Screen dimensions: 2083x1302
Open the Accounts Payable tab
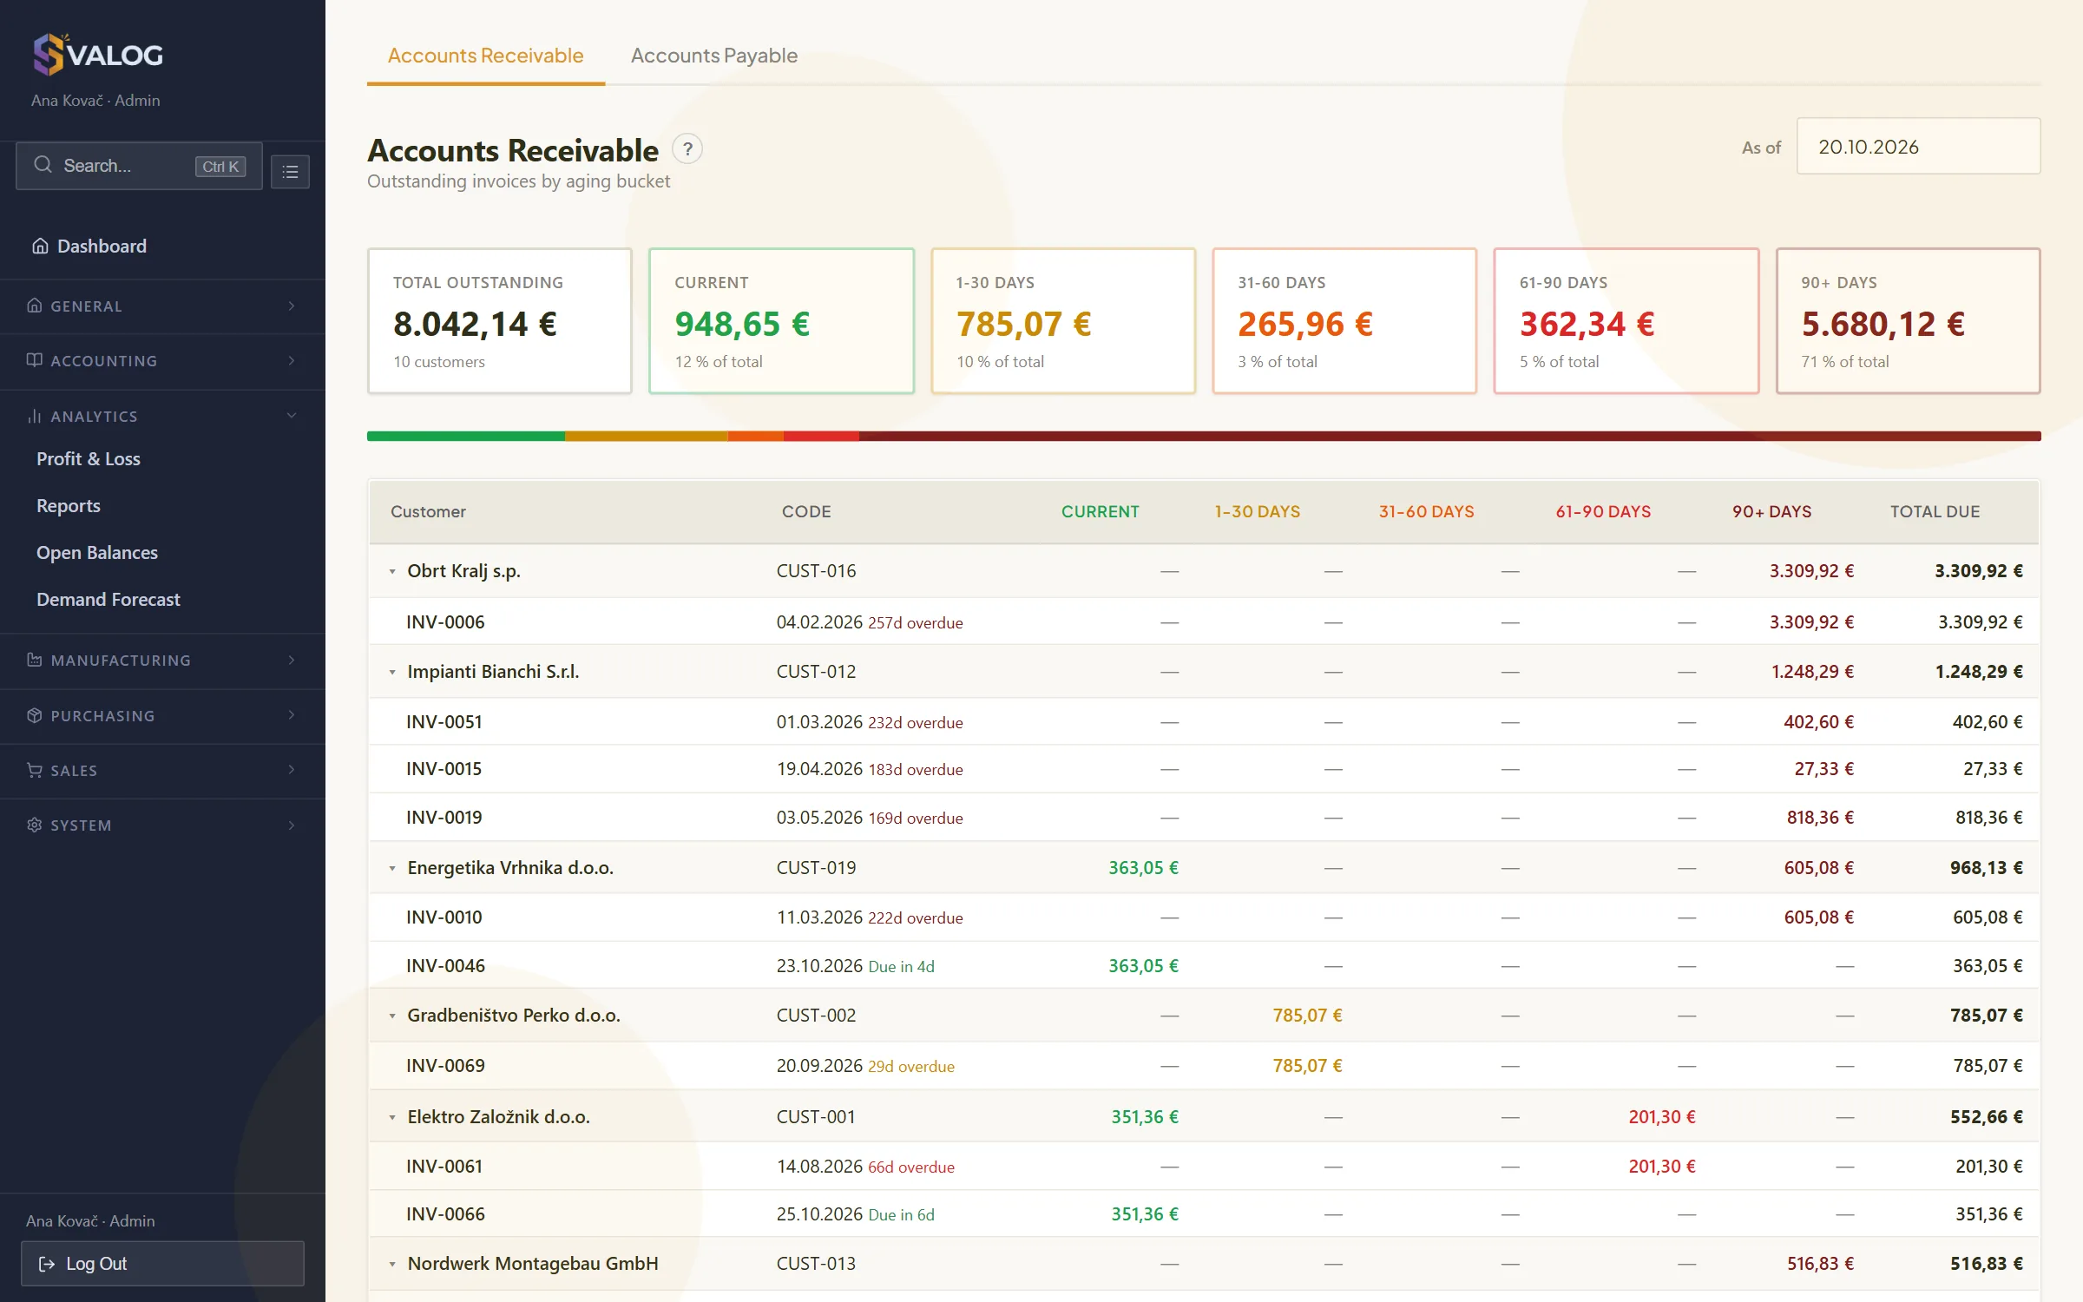(713, 56)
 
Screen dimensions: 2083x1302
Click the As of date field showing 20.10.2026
(1918, 147)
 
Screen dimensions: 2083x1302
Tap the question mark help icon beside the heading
(687, 149)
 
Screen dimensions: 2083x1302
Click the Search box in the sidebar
(139, 166)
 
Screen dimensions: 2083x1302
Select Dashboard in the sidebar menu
(102, 247)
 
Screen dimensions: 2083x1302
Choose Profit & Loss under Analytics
(89, 459)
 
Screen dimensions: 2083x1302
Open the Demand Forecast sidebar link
(108, 600)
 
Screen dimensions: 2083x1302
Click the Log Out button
(162, 1264)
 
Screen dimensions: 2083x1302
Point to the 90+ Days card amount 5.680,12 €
(1883, 325)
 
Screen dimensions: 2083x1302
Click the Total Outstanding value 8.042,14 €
(475, 325)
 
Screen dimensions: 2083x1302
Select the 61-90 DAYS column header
(1603, 512)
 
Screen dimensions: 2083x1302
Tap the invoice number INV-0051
(444, 722)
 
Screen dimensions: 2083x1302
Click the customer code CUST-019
(816, 868)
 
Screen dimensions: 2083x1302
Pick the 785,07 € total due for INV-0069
(1988, 1066)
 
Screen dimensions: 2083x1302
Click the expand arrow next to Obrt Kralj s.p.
(392, 572)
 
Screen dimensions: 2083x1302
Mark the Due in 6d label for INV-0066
(902, 1215)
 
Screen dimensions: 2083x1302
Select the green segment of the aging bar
(466, 437)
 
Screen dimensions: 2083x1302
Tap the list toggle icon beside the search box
(290, 172)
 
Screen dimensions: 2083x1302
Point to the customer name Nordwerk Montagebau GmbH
(533, 1264)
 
